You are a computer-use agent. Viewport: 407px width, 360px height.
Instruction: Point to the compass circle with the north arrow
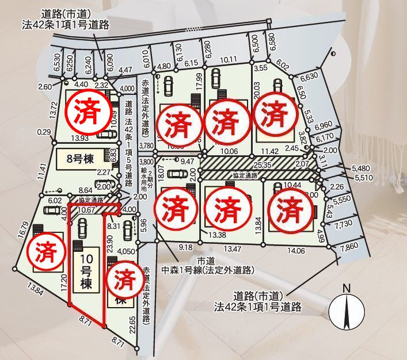point(345,312)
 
